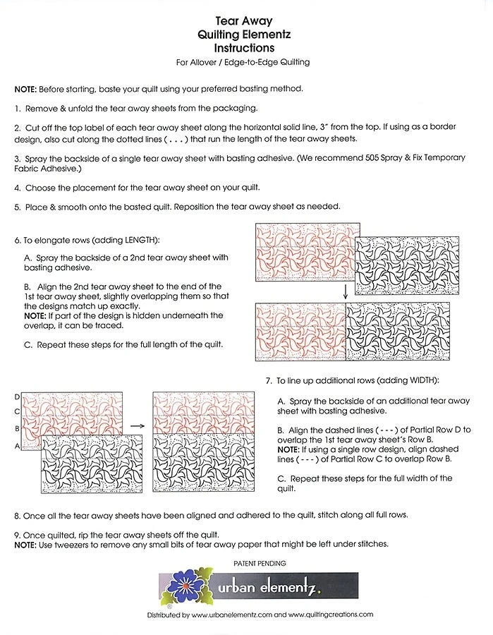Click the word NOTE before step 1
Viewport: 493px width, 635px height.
[x=27, y=89]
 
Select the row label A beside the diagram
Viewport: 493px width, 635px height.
[x=16, y=447]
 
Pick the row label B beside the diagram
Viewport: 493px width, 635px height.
[x=16, y=428]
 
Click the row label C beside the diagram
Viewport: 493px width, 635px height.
[x=16, y=411]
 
